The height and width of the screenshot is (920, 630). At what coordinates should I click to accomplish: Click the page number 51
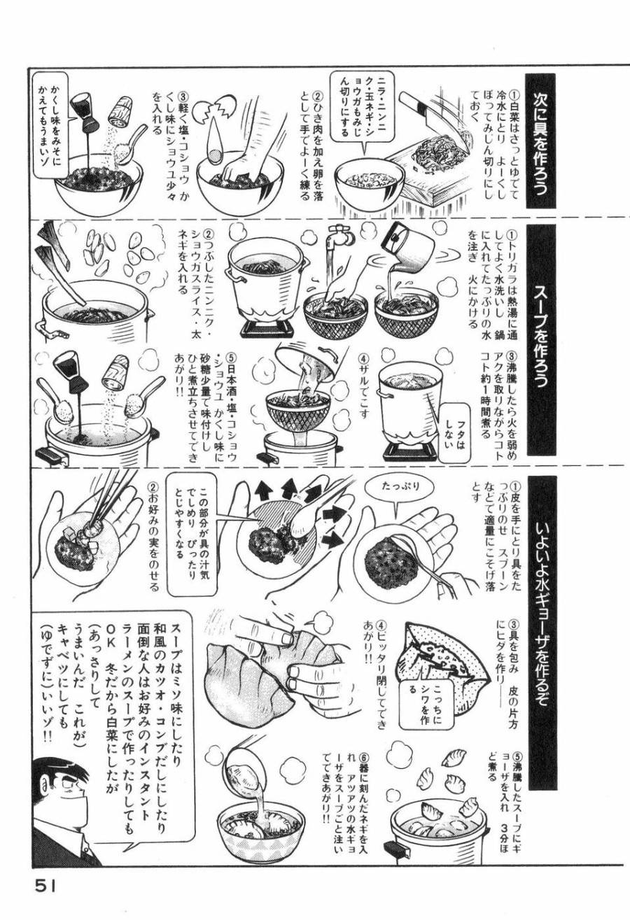46,886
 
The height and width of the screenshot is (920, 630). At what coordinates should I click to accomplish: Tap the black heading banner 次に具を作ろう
543,140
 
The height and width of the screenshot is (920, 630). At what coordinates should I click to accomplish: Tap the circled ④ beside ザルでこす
363,359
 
